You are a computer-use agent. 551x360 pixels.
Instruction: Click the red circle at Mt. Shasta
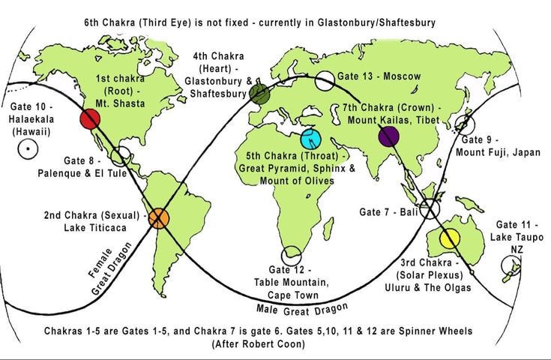pos(90,118)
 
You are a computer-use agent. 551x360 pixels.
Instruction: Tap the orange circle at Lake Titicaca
pos(160,218)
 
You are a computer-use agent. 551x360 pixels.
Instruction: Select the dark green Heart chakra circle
pos(259,93)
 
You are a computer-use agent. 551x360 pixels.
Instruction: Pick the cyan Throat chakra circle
pos(310,139)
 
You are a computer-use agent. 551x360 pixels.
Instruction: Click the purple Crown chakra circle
pos(388,136)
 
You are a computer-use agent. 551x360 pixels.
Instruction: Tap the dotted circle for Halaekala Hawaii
pos(28,149)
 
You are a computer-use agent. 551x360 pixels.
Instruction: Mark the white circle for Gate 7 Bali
pos(430,210)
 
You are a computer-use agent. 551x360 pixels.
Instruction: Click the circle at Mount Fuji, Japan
pos(466,124)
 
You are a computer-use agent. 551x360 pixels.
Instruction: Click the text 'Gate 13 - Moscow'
pos(379,76)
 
